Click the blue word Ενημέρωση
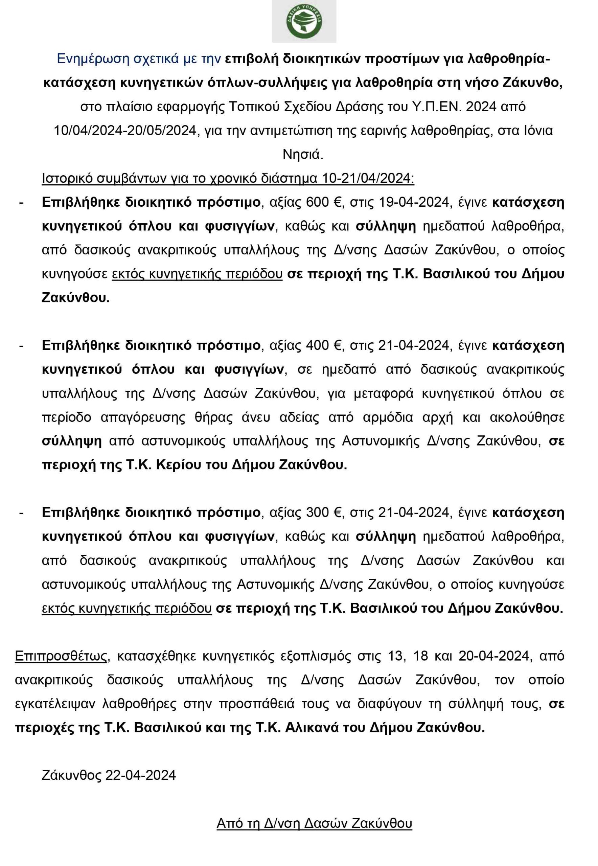94,59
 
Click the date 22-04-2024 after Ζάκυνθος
140,775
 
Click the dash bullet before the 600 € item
21,203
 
